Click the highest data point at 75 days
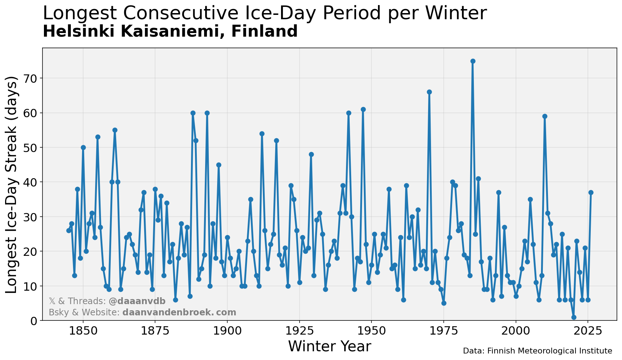pos(472,61)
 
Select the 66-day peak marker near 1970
pos(429,92)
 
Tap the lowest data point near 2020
pos(574,317)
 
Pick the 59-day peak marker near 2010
pos(545,116)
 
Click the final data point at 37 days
pos(591,192)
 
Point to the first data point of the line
pos(69,230)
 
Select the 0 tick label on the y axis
pos(34,321)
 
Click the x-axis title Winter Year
pos(329,347)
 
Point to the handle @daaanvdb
pos(137,301)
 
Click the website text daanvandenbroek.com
pos(179,312)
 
